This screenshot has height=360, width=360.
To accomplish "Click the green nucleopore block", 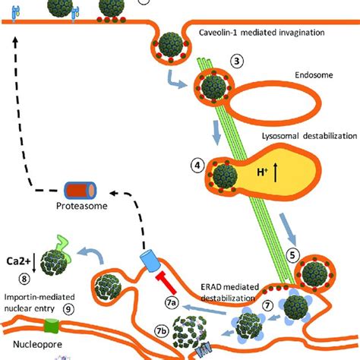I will (x=51, y=327).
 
